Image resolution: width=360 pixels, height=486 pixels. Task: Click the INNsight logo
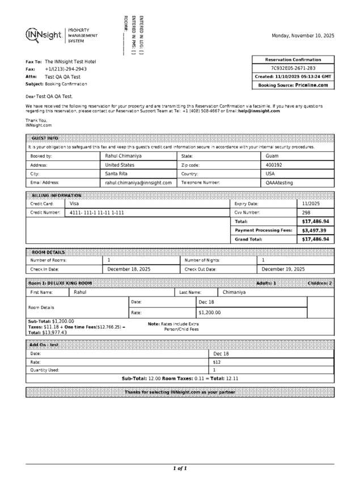pyautogui.click(x=44, y=35)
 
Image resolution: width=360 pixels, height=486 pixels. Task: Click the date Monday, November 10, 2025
pyautogui.click(x=303, y=36)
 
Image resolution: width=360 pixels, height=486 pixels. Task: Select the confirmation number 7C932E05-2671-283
pyautogui.click(x=293, y=68)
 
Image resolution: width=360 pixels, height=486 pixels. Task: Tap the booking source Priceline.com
pyautogui.click(x=311, y=85)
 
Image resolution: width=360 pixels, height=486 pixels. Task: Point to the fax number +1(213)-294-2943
pyautogui.click(x=66, y=69)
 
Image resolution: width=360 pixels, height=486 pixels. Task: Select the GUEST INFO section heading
pyautogui.click(x=45, y=138)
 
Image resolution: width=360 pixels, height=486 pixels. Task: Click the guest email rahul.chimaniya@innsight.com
pyautogui.click(x=138, y=183)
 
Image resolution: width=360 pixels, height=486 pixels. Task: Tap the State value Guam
pyautogui.click(x=272, y=155)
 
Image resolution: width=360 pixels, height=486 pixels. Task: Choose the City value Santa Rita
pyautogui.click(x=118, y=174)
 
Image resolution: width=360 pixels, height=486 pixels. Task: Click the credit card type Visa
pyautogui.click(x=74, y=203)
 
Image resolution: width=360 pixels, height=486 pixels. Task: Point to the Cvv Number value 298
pyautogui.click(x=306, y=213)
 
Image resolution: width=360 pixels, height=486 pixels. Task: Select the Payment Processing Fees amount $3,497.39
pyautogui.click(x=314, y=231)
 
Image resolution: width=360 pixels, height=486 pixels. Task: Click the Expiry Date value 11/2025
pyautogui.click(x=311, y=203)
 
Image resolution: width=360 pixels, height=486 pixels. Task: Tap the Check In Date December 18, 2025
pyautogui.click(x=129, y=269)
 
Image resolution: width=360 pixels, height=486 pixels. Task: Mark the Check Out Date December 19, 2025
pyautogui.click(x=283, y=269)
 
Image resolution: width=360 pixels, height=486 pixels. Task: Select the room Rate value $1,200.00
pyautogui.click(x=209, y=312)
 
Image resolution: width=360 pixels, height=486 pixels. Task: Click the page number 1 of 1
pyautogui.click(x=180, y=468)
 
